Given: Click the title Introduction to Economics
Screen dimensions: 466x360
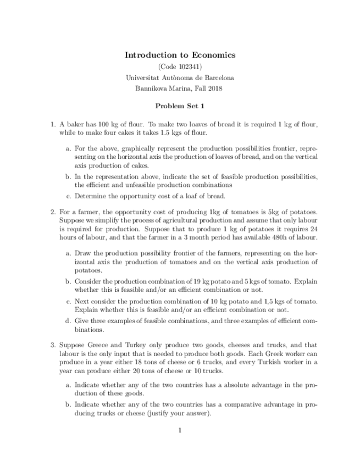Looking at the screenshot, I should pyautogui.click(x=180, y=55).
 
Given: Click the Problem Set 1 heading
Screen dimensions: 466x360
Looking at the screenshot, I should pyautogui.click(x=180, y=106).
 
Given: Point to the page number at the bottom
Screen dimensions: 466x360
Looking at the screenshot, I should pyautogui.click(x=180, y=430).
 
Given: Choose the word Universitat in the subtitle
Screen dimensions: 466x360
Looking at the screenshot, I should pyautogui.click(x=144, y=77).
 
